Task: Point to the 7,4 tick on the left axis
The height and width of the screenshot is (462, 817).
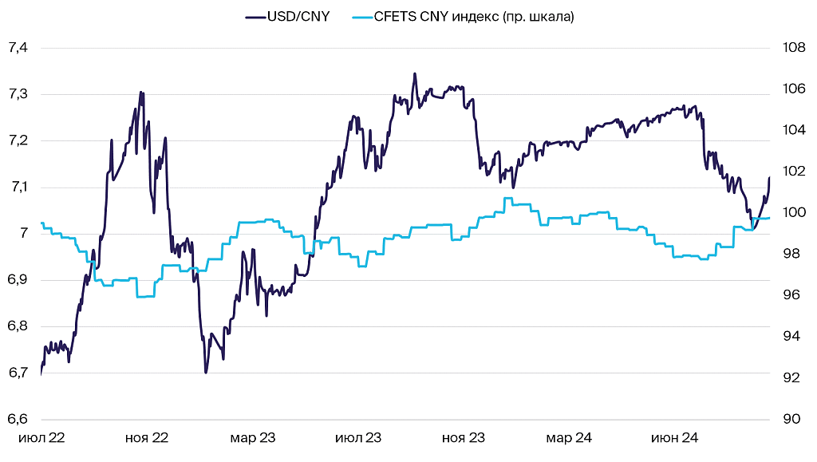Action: [x=18, y=48]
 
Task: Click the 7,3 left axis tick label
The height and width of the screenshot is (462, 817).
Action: [x=18, y=94]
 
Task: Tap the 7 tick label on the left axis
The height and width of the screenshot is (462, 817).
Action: [x=23, y=234]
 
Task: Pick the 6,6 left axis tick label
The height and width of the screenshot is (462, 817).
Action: [x=18, y=419]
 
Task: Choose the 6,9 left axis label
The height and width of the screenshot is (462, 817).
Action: [x=18, y=280]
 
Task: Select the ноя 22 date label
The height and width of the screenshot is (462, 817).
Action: [x=148, y=438]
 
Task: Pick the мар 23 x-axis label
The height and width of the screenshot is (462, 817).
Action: [x=253, y=438]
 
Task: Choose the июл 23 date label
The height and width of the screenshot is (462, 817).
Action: [x=358, y=438]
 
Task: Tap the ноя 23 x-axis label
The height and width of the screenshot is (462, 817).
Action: [x=464, y=438]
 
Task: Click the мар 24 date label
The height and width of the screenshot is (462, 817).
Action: [x=569, y=438]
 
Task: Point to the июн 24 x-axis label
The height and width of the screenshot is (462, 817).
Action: [x=674, y=438]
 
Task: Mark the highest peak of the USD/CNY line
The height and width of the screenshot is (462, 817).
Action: [x=415, y=73]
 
